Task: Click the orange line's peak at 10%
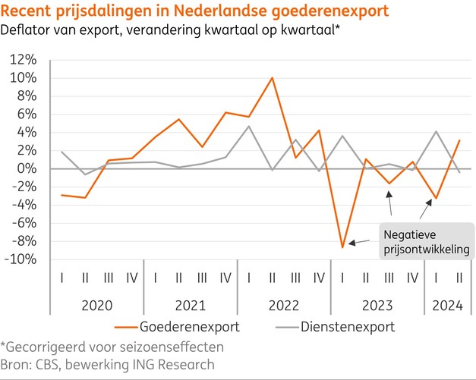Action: coord(272,78)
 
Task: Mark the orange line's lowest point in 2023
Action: coord(342,247)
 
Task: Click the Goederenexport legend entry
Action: coord(183,327)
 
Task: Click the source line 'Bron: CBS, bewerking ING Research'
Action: coord(108,365)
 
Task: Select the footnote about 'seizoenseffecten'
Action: coord(112,347)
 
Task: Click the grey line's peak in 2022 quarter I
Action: coord(248,126)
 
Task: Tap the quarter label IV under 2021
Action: coord(225,278)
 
